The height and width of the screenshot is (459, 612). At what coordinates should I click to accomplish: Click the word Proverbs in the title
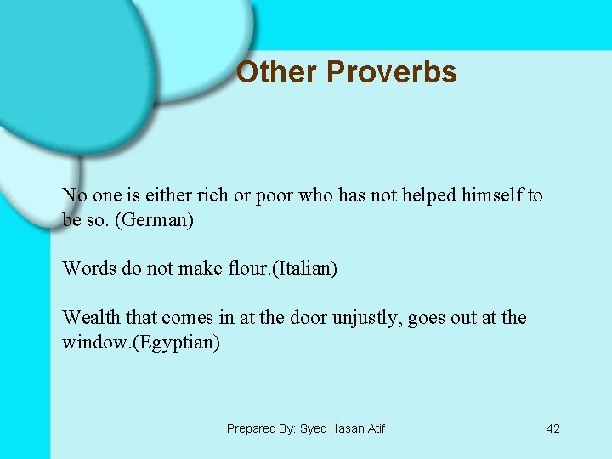(x=392, y=72)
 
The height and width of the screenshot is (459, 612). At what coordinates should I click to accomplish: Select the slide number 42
(x=552, y=428)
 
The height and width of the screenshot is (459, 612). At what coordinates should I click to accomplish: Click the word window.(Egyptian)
(x=141, y=343)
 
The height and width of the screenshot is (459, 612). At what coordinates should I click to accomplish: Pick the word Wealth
(x=92, y=318)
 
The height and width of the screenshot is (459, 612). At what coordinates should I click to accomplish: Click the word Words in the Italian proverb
(x=87, y=269)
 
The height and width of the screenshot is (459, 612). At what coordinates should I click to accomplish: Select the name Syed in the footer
(x=314, y=428)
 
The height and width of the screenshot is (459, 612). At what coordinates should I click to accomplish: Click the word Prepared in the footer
(x=252, y=428)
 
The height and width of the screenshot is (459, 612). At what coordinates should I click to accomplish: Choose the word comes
(x=188, y=318)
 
